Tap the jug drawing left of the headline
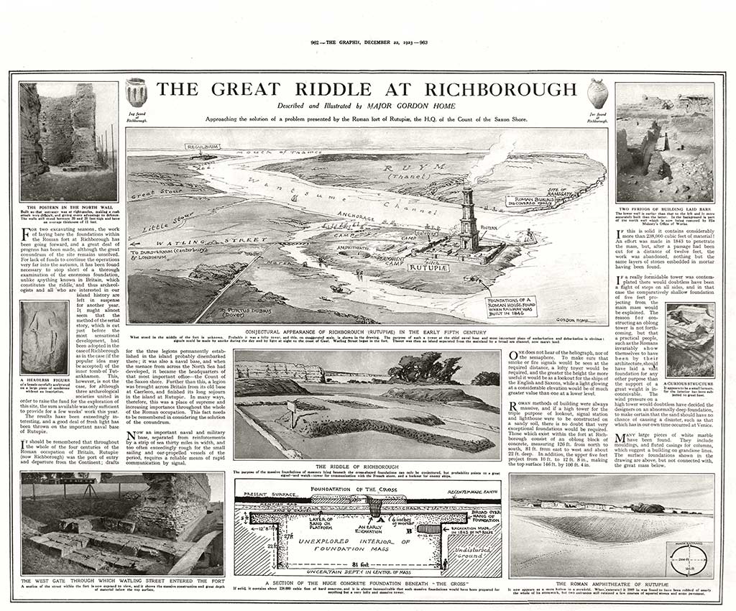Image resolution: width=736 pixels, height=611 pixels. (136, 93)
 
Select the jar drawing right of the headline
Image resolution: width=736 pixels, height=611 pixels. (597, 93)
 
